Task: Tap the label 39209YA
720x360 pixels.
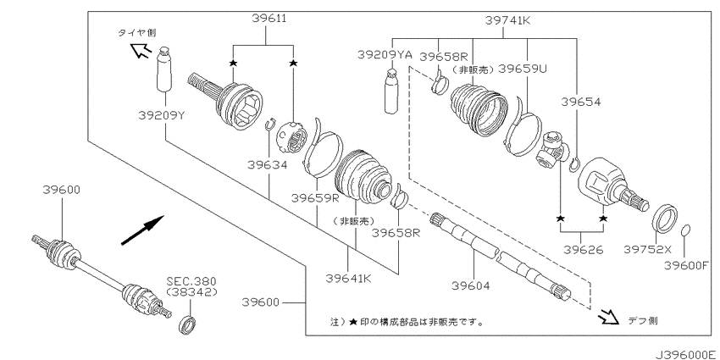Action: click(x=385, y=55)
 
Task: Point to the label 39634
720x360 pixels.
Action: click(x=267, y=164)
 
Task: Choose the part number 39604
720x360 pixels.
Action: click(x=471, y=285)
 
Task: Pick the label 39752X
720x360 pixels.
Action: click(x=647, y=249)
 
